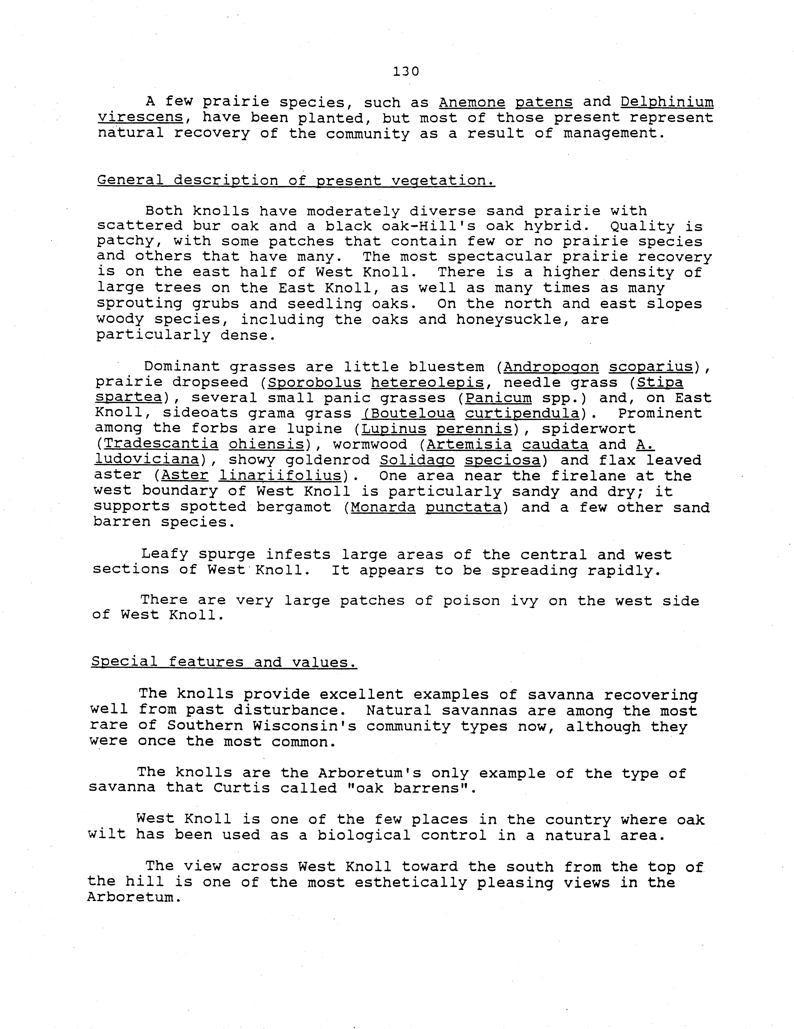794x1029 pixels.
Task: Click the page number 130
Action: [x=405, y=72]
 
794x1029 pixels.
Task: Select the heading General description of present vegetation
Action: [x=296, y=180]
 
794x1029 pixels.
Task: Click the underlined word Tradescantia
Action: [x=161, y=444]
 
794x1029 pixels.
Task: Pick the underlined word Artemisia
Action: [x=469, y=444]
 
